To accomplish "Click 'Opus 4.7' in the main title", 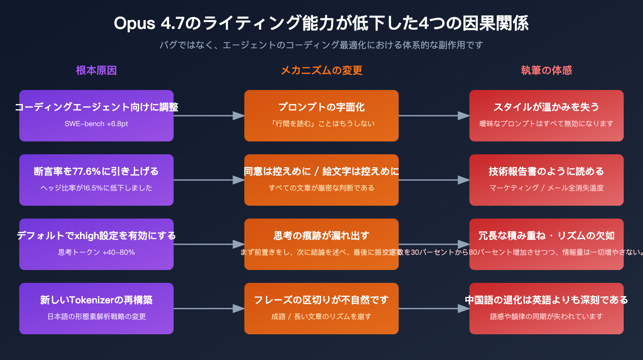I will (149, 23).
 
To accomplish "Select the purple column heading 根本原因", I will (96, 70).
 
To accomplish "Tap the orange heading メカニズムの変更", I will (321, 70).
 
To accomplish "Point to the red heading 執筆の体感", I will (547, 70).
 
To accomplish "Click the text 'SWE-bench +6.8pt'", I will (96, 124).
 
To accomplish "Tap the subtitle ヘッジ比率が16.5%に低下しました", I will (96, 188).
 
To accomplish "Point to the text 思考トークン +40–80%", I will (96, 252).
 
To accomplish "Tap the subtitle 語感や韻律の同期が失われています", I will (547, 317).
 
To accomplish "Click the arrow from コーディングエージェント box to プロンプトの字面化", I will (209, 116).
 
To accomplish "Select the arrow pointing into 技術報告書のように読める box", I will (434, 180).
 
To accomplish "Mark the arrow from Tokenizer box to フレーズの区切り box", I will (209, 309).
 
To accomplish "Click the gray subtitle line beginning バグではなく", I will (321, 45).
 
